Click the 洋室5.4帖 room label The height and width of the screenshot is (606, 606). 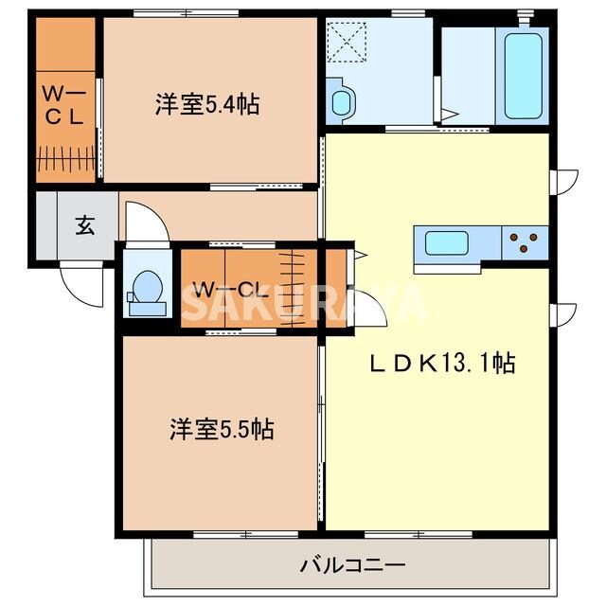(x=207, y=104)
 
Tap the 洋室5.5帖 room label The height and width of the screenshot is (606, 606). (x=222, y=430)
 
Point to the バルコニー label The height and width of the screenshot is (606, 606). (x=353, y=565)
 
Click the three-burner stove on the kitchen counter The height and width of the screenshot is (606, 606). (x=524, y=243)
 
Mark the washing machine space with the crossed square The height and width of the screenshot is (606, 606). (x=345, y=40)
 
